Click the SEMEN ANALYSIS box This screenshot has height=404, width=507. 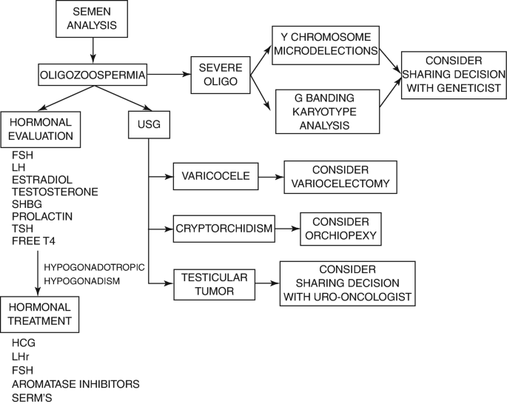click(92, 19)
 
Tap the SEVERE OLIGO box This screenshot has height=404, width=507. click(219, 74)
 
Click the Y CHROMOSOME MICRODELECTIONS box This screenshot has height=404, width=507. click(325, 44)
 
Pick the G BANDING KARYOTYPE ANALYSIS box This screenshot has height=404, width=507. click(326, 111)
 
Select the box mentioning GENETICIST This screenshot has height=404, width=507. click(454, 75)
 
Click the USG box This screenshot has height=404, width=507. click(148, 126)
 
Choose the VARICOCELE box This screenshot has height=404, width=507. click(215, 178)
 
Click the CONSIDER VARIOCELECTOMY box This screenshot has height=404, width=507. click(340, 177)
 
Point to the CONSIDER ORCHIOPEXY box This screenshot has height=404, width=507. click(340, 229)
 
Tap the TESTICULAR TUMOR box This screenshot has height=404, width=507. click(215, 283)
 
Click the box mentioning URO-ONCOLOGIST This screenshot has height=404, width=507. click(346, 283)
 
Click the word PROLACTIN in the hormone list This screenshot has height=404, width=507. click(41, 215)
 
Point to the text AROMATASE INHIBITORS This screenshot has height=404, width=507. click(75, 383)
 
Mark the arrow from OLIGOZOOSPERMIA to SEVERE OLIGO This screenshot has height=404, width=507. click(167, 74)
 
